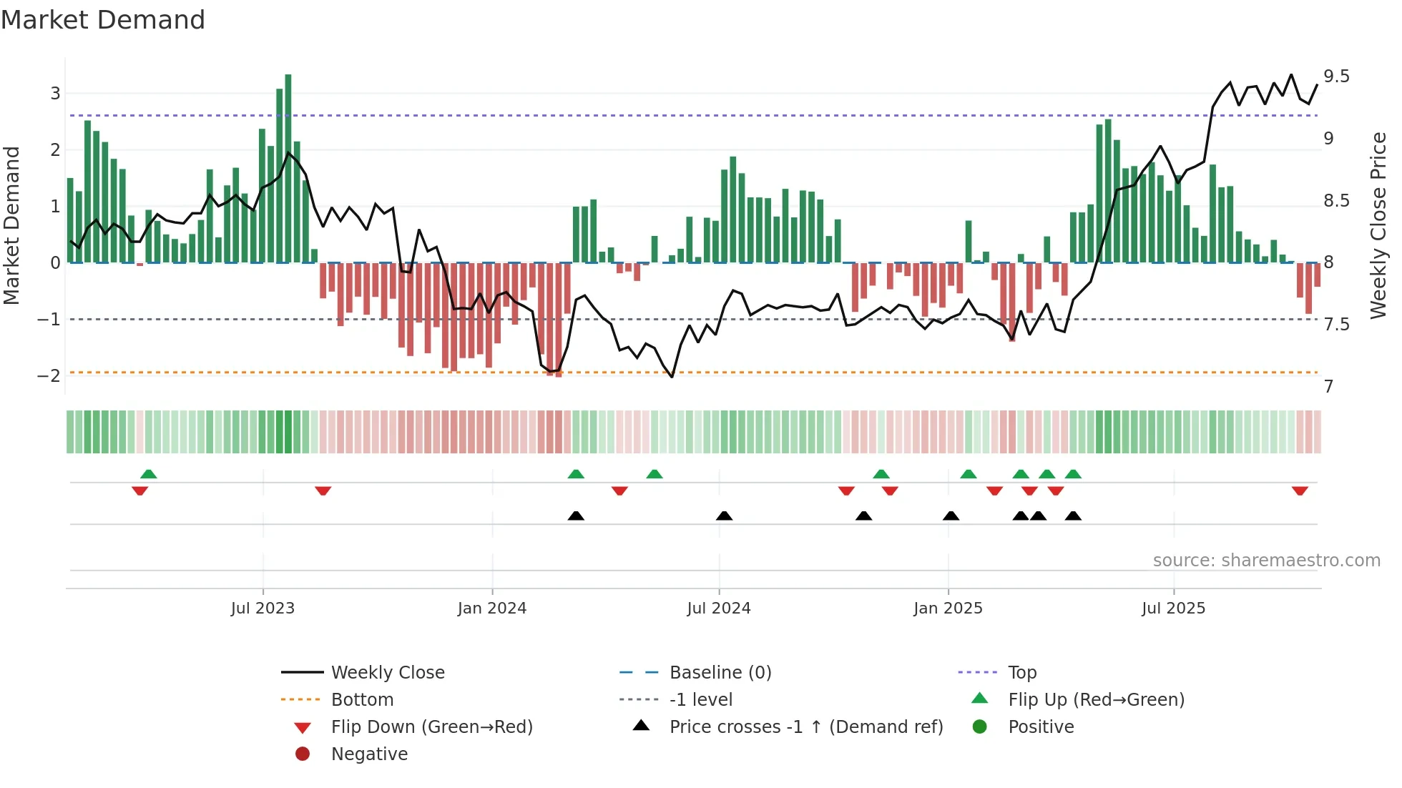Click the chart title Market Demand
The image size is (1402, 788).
pyautogui.click(x=103, y=19)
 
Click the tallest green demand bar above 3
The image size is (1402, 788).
pyautogui.click(x=288, y=168)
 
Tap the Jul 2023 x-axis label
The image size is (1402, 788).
pyautogui.click(x=263, y=609)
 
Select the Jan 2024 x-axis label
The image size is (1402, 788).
pyautogui.click(x=491, y=609)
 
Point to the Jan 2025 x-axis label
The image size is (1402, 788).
pyautogui.click(x=948, y=609)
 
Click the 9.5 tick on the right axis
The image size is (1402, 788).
pyautogui.click(x=1335, y=77)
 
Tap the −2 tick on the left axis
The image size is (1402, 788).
pyautogui.click(x=49, y=376)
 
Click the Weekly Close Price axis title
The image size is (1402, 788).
pyautogui.click(x=1378, y=225)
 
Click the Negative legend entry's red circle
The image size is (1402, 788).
pyautogui.click(x=303, y=754)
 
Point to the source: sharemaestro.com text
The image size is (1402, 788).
pyautogui.click(x=1266, y=561)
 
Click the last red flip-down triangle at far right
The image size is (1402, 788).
pyautogui.click(x=1300, y=491)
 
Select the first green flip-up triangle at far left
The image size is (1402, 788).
pyautogui.click(x=148, y=474)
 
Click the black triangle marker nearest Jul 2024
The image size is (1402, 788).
pyautogui.click(x=724, y=516)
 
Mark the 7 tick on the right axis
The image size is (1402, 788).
pyautogui.click(x=1328, y=387)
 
